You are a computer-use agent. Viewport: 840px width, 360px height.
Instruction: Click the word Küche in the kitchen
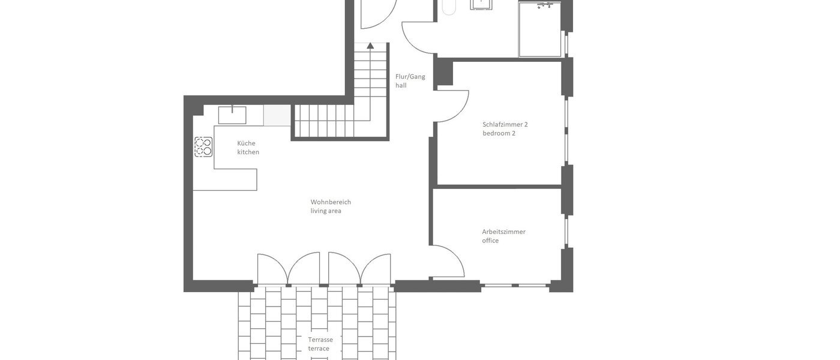[x=246, y=143]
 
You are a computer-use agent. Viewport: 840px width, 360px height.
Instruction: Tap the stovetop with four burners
[x=203, y=147]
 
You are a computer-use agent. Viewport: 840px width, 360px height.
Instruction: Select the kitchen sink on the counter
[x=232, y=115]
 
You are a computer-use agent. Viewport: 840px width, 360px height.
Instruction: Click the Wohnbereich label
[x=331, y=202]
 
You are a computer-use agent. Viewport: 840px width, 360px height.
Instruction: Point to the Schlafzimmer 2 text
[x=505, y=125]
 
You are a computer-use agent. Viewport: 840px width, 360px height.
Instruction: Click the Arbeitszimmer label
[x=503, y=232]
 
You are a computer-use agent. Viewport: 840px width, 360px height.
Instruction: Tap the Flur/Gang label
[x=410, y=77]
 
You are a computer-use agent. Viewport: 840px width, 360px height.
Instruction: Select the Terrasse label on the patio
[x=320, y=340]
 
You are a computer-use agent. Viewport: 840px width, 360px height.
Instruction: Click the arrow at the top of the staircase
[x=370, y=46]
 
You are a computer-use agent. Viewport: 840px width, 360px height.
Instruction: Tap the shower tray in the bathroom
[x=539, y=30]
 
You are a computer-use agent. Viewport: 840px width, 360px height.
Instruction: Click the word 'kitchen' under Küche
[x=248, y=152]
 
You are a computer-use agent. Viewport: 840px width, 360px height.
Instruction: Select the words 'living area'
[x=326, y=211]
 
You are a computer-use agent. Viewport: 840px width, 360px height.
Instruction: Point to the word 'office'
[x=490, y=241]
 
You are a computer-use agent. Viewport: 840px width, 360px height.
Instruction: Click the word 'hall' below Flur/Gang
[x=401, y=86]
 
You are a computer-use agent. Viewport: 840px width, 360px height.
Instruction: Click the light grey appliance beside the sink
[x=277, y=115]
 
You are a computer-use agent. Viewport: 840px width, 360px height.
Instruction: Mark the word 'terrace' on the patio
[x=319, y=349]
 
